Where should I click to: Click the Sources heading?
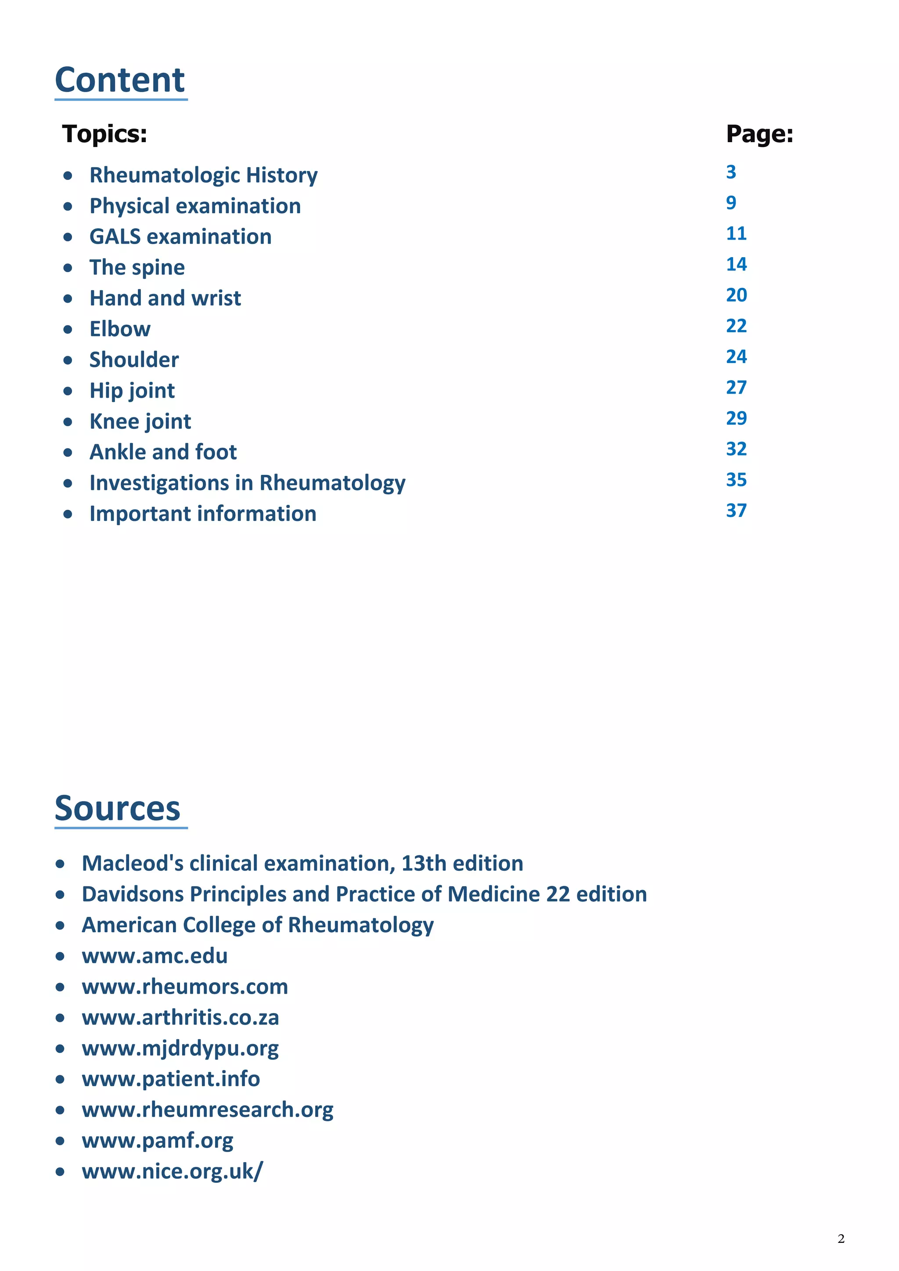117,809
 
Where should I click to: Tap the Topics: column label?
104,134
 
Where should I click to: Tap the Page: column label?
759,134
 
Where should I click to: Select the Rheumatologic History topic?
203,176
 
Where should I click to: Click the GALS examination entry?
180,237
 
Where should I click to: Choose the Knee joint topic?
140,422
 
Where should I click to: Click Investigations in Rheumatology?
248,483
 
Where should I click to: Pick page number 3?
731,172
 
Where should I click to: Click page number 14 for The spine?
736,265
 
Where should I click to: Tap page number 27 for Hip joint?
736,388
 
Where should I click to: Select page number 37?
736,510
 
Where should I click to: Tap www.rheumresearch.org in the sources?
208,1110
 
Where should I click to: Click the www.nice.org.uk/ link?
172,1171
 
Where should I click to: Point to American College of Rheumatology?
257,926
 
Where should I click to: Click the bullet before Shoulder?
68,360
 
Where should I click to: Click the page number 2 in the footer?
841,1239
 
